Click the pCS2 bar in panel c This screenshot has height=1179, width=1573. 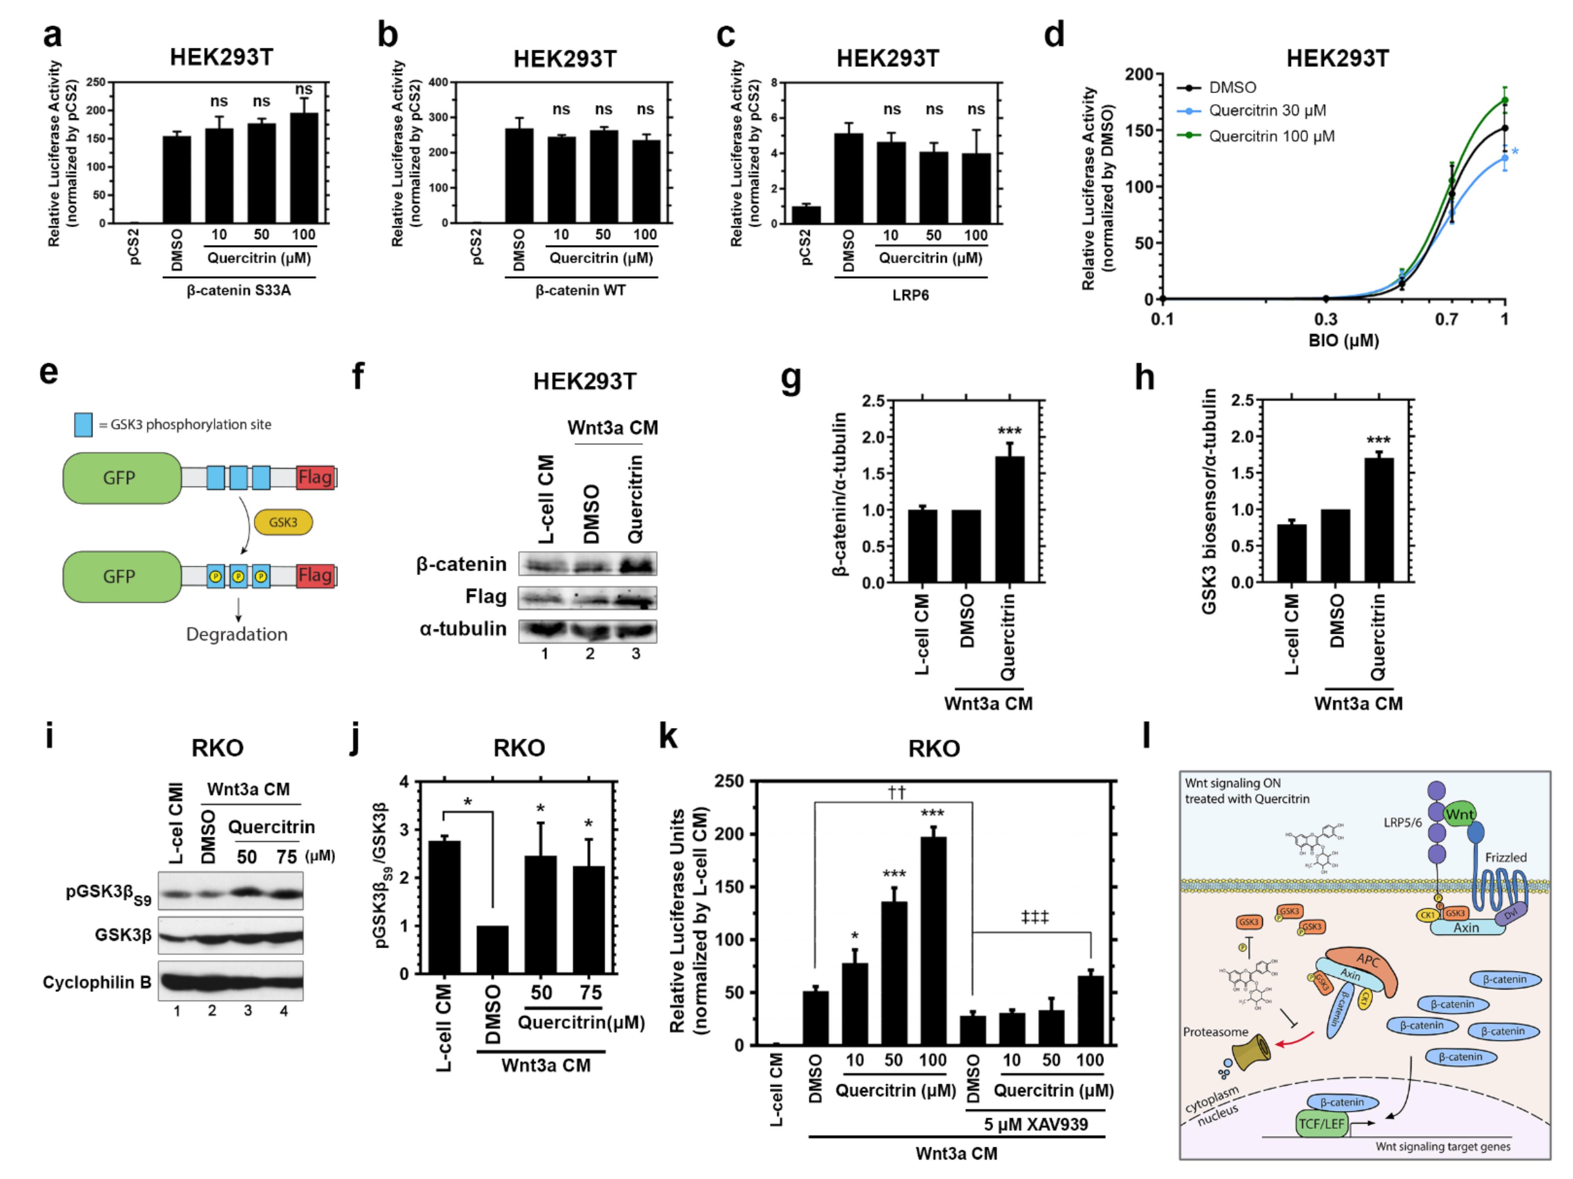(x=806, y=215)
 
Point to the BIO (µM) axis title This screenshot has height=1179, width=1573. (x=1343, y=341)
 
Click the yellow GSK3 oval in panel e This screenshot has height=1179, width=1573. (x=282, y=522)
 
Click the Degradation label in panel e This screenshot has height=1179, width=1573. (x=237, y=634)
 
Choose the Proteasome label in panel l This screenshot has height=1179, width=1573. (x=1215, y=1032)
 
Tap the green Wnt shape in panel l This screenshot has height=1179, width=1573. (x=1459, y=814)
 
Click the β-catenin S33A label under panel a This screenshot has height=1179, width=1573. (x=239, y=290)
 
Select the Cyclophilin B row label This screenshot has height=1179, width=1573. (x=97, y=982)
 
